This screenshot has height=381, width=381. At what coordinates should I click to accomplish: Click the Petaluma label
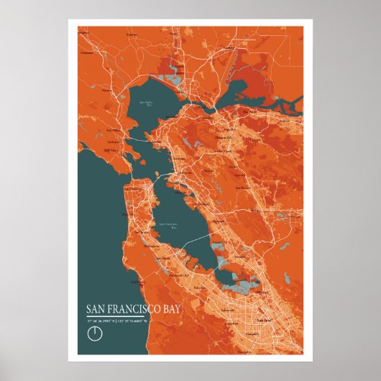[x=87, y=52]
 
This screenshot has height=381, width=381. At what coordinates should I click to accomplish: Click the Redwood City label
[x=179, y=275]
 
